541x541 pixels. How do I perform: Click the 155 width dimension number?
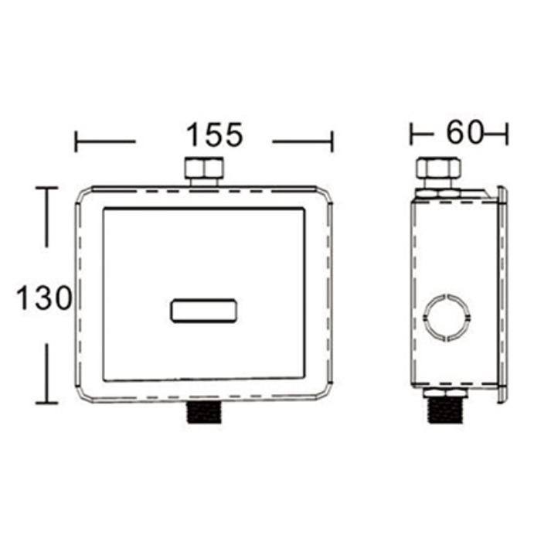point(215,135)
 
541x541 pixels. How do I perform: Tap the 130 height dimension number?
point(44,298)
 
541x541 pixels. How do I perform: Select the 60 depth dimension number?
point(464,132)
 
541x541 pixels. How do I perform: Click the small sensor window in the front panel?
point(203,311)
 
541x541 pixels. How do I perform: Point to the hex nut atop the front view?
point(204,169)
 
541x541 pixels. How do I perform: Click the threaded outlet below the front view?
point(204,412)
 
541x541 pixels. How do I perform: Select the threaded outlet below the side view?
point(446,410)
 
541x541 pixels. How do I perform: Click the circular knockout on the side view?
point(447,318)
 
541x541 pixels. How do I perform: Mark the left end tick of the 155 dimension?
point(76,141)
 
